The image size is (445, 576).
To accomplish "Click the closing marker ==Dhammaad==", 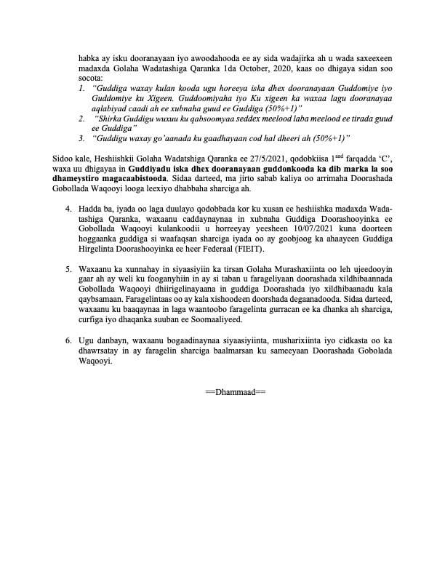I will click(x=236, y=392).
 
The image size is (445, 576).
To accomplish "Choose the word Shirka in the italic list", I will click(x=111, y=117).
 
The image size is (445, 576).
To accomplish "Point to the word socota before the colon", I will click(x=92, y=78).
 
